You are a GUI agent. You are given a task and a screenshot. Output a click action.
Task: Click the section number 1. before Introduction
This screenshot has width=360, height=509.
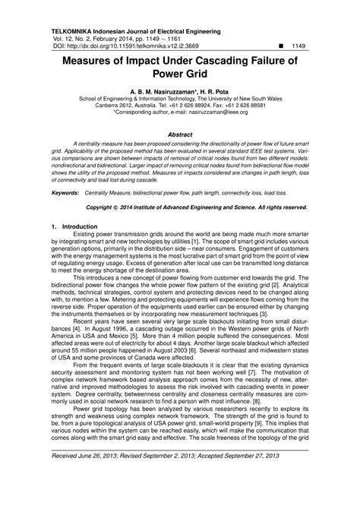pyautogui.click(x=52, y=228)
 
